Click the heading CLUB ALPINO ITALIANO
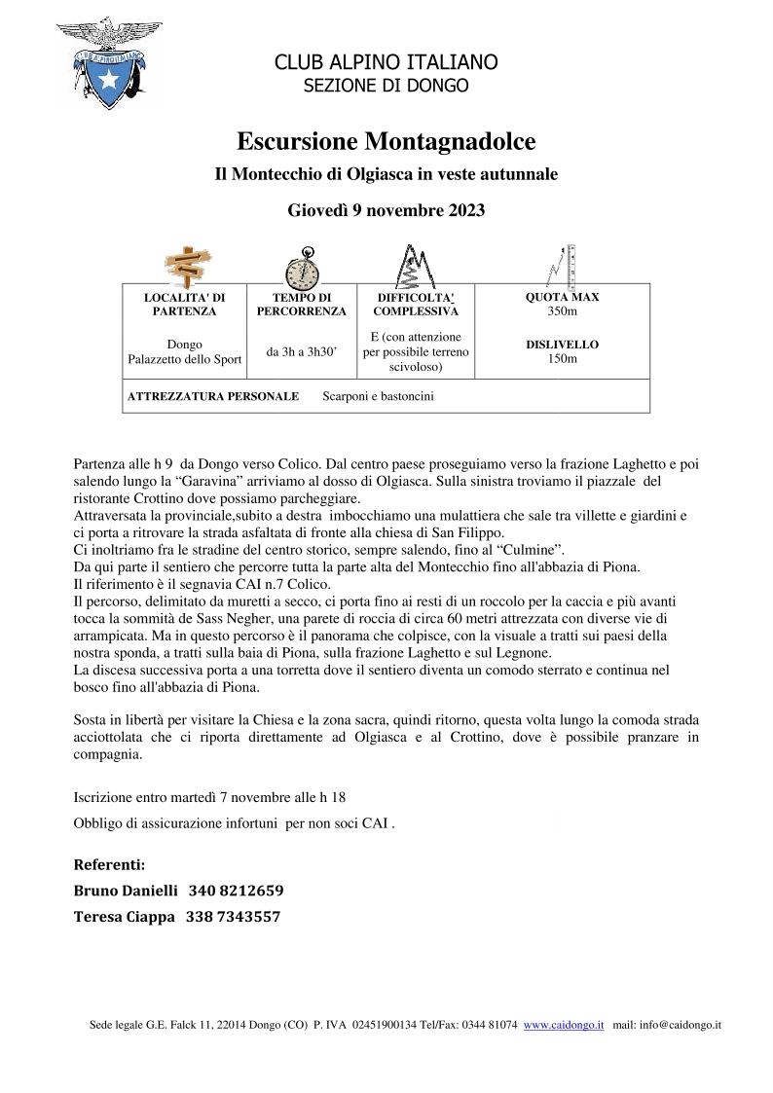pos(386,63)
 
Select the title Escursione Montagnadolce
pos(386,141)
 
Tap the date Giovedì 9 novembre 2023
pos(386,209)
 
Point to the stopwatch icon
pos(302,265)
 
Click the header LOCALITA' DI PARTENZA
pos(184,304)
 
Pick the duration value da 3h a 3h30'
pos(301,351)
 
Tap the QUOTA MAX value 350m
pos(562,311)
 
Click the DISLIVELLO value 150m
pos(562,359)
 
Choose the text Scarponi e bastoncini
pos(378,396)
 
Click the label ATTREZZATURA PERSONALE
pos(213,396)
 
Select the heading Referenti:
pos(109,864)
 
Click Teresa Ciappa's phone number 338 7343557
pos(233,917)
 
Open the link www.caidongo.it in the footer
pos(564,1025)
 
